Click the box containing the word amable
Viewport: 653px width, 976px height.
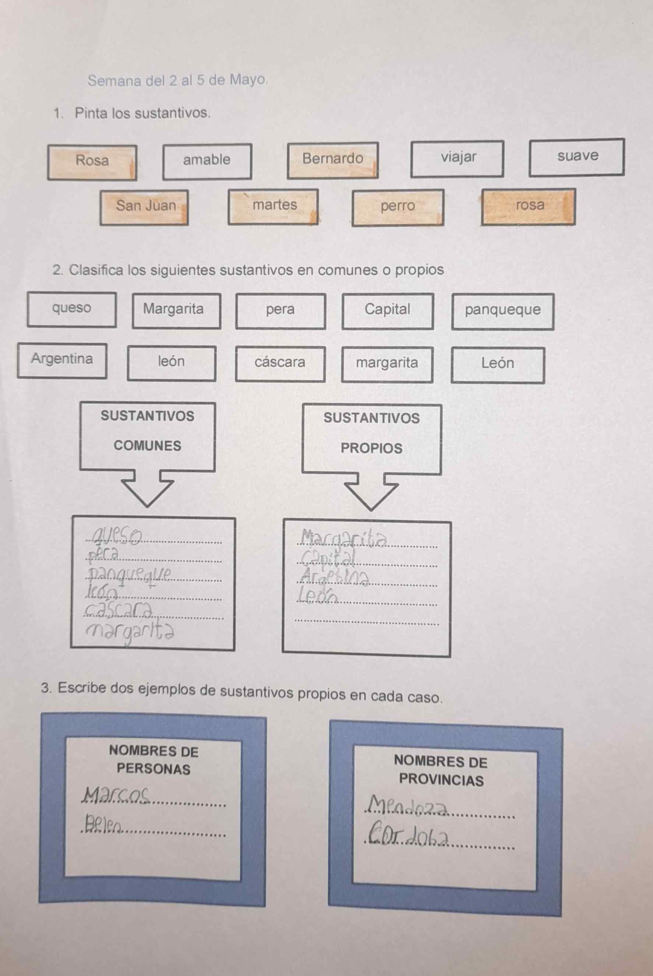click(x=207, y=162)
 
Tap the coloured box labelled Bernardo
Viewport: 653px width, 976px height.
click(x=332, y=160)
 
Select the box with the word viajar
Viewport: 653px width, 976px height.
click(x=457, y=159)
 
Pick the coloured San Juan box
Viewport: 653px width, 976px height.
click(x=144, y=207)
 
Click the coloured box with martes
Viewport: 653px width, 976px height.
click(x=273, y=207)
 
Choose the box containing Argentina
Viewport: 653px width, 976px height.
click(x=62, y=360)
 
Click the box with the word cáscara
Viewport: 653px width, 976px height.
click(x=280, y=364)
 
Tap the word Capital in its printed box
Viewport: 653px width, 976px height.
click(x=387, y=309)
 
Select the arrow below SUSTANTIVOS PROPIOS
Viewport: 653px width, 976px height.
click(x=371, y=492)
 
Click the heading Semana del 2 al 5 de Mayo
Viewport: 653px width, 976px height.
click(x=177, y=80)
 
